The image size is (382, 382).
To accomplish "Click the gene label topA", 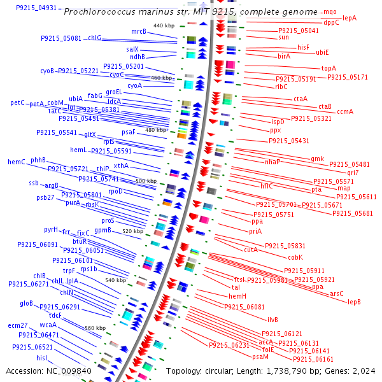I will pyautogui.click(x=329, y=68).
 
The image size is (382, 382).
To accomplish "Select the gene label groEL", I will pyautogui.click(x=114, y=92).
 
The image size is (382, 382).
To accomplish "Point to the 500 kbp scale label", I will pyautogui.click(x=146, y=181).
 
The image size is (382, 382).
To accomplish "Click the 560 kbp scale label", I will pyautogui.click(x=95, y=328).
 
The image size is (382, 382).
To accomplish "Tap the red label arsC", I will pyautogui.click(x=337, y=294).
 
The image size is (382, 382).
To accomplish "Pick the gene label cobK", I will pyautogui.click(x=295, y=257).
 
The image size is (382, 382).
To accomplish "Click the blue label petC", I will pyautogui.click(x=18, y=103).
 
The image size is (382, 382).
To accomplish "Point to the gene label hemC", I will pyautogui.click(x=17, y=162).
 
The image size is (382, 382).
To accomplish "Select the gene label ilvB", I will pyautogui.click(x=272, y=320).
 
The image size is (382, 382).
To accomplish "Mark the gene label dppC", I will pyautogui.click(x=331, y=22).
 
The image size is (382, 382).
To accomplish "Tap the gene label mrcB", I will pyautogui.click(x=139, y=31).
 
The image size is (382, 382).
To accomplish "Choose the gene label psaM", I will pyautogui.click(x=260, y=357).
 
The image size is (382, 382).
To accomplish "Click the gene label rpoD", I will pyautogui.click(x=115, y=190).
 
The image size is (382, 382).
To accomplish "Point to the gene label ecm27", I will pyautogui.click(x=18, y=325).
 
